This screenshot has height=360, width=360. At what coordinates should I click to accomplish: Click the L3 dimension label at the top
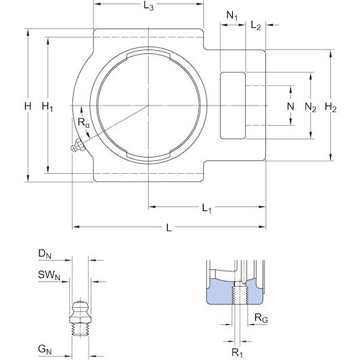(148, 6)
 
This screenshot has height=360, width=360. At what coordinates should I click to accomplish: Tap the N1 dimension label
(232, 16)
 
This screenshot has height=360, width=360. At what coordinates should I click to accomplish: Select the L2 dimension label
(256, 25)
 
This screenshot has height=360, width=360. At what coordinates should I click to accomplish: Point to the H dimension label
(28, 106)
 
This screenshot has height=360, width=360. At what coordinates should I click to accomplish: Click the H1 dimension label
(47, 107)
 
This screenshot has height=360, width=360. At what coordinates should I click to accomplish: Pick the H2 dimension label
(331, 108)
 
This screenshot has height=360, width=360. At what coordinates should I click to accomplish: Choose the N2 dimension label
(311, 108)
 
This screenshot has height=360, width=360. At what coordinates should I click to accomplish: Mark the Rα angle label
(84, 122)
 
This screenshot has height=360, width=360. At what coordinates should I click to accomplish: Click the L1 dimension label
(206, 208)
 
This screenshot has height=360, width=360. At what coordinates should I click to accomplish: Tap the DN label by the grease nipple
(45, 254)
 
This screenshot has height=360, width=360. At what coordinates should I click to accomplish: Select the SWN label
(49, 275)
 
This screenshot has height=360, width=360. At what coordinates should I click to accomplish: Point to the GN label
(45, 350)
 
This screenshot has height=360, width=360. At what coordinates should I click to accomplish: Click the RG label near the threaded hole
(261, 318)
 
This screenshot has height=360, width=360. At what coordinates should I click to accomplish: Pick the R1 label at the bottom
(237, 353)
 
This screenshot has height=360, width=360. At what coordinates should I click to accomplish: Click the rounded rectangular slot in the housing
(233, 106)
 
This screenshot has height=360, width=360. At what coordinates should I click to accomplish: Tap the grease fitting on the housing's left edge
(78, 145)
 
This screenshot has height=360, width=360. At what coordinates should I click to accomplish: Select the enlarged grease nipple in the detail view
(80, 319)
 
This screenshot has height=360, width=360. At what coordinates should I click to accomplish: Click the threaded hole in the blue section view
(240, 295)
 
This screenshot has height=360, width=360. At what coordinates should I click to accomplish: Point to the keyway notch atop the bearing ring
(148, 55)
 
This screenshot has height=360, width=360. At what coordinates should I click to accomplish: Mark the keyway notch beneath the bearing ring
(148, 155)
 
